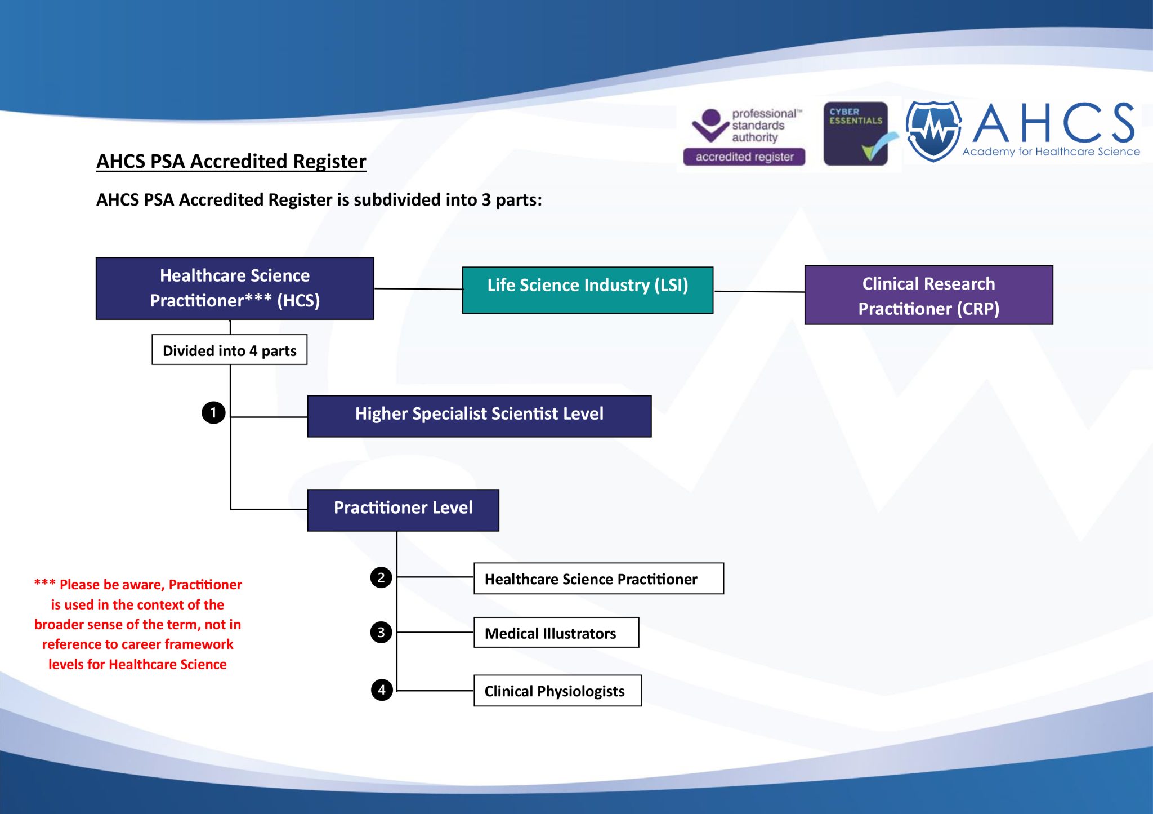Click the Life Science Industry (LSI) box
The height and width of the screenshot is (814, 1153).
587,290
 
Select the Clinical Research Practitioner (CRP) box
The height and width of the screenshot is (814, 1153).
928,295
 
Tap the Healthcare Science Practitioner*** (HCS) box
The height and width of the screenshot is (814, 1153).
235,288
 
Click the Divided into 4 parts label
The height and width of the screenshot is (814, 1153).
229,350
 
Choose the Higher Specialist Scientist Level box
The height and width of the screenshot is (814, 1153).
479,416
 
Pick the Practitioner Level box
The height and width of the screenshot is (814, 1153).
403,510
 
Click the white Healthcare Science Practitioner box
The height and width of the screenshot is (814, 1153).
598,579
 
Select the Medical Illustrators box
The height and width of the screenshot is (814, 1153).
556,633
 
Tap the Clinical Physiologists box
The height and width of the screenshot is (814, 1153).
557,691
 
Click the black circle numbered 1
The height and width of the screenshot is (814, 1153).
213,413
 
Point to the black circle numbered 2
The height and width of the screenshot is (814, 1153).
381,577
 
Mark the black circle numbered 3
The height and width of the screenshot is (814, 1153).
381,632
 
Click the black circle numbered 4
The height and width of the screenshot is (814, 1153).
382,690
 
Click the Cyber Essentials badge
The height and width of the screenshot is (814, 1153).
856,134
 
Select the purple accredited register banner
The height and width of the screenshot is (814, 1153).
744,157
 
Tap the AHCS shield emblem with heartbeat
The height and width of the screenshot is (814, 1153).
933,131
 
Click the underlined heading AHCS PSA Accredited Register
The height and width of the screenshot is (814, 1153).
231,162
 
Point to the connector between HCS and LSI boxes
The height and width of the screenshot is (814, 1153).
418,289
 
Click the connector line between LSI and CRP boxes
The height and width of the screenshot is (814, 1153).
759,292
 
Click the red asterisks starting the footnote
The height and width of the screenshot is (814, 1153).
45,583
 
